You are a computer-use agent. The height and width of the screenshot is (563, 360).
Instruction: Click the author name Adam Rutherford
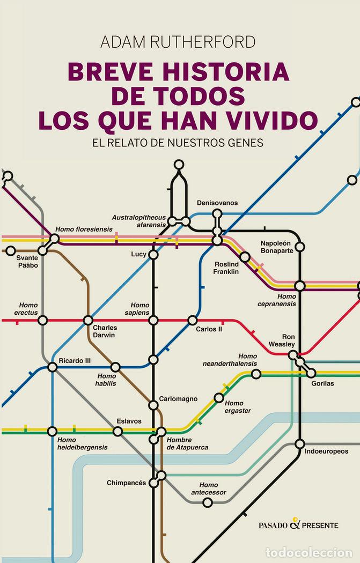(x=179, y=42)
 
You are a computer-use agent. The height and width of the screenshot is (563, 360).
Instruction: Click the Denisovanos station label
(x=217, y=203)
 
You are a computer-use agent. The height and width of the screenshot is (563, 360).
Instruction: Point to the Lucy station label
(x=138, y=254)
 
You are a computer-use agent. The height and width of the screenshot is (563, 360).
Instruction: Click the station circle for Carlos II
(x=192, y=320)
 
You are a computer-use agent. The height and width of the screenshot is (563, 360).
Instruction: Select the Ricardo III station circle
(x=52, y=367)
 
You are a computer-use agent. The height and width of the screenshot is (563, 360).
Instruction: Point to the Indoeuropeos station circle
(x=300, y=443)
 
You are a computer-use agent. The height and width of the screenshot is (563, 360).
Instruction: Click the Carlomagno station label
(x=178, y=399)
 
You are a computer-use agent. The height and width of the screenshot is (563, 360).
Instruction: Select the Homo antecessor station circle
(x=208, y=502)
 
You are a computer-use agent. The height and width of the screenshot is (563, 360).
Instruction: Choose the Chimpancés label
(x=127, y=483)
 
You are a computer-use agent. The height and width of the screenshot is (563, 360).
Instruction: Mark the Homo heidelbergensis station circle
(x=52, y=431)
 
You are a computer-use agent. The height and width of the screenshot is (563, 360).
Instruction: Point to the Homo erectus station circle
(x=43, y=320)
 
